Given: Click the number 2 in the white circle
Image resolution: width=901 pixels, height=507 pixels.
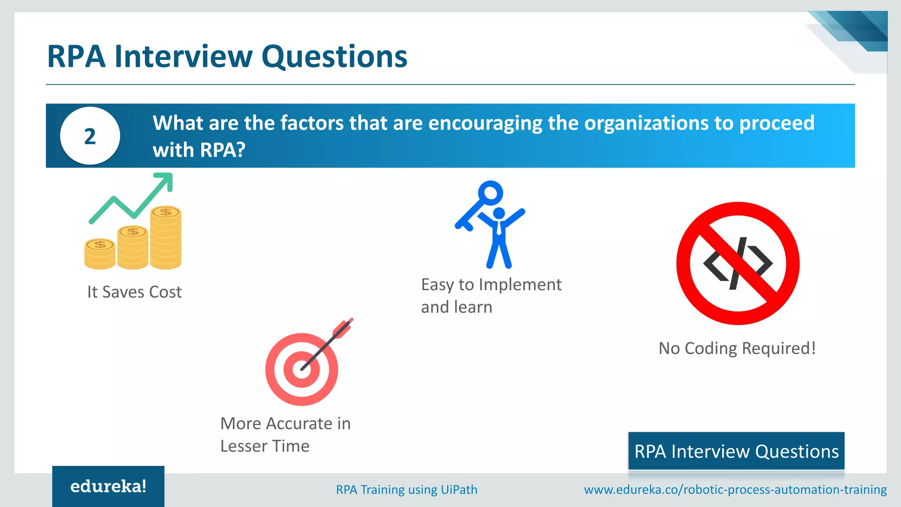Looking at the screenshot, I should [90, 136].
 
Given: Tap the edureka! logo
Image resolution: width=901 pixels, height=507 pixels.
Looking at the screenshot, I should [108, 486].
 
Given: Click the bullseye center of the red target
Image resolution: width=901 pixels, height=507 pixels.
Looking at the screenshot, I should [302, 369].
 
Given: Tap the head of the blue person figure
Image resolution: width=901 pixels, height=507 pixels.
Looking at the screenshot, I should [499, 213].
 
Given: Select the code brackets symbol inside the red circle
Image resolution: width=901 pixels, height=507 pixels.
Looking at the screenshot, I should [738, 264].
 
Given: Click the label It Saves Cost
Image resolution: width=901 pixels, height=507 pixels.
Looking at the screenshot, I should [134, 292].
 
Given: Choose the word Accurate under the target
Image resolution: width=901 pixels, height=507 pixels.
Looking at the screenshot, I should [300, 423].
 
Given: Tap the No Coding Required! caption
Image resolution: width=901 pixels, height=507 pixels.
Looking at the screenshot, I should [737, 348].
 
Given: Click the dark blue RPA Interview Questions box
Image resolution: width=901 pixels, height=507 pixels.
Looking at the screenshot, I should [736, 451].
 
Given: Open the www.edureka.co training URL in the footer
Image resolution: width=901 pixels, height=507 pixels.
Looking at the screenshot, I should [735, 489].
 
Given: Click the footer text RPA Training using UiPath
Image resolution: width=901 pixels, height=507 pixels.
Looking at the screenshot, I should [407, 489].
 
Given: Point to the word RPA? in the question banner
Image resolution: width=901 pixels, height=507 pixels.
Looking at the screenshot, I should [223, 150].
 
